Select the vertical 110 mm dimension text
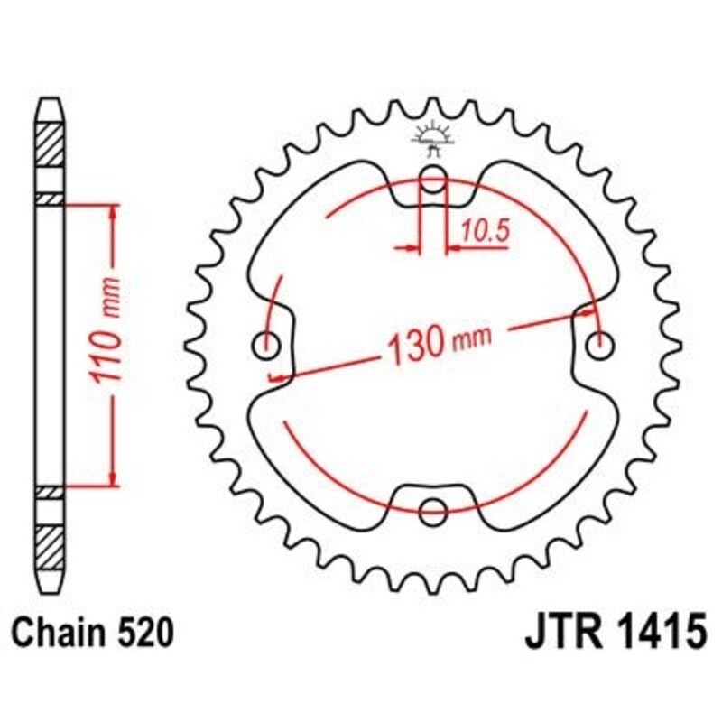tap(108, 344)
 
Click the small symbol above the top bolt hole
tap(431, 140)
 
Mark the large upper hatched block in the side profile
tap(50, 142)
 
